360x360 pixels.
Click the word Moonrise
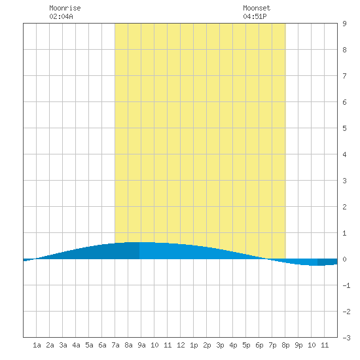[65, 8]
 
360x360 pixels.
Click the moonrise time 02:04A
[61, 16]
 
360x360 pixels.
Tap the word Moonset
[257, 8]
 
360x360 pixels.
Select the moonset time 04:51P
[255, 16]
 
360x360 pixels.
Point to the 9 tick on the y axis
[344, 24]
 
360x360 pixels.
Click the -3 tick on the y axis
[346, 338]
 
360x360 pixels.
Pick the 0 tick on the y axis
[344, 259]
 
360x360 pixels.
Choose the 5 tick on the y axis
[344, 128]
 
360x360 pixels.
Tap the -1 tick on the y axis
[346, 285]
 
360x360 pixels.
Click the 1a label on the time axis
[37, 345]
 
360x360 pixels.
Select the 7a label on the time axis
[115, 345]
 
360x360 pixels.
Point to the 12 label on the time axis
[181, 345]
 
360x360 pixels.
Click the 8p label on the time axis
[285, 345]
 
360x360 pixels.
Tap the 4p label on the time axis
[233, 345]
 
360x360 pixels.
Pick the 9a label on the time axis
[141, 345]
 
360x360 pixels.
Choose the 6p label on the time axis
[259, 345]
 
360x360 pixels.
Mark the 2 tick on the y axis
[344, 207]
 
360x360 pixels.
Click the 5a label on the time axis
[89, 345]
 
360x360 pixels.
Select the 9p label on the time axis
[298, 345]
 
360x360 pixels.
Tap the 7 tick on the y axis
[344, 76]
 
